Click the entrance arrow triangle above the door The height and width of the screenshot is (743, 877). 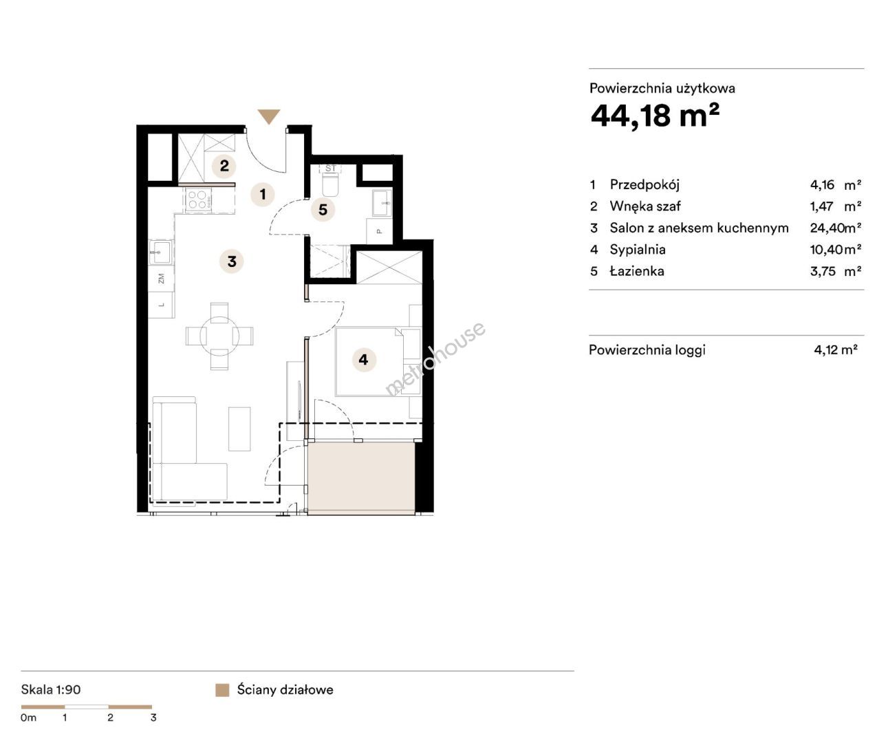tap(268, 116)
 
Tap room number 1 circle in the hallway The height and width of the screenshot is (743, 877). tap(263, 194)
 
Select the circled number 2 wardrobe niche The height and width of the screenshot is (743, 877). tap(224, 166)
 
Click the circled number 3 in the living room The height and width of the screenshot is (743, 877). tap(232, 261)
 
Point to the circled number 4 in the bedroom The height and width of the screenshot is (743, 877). tap(364, 360)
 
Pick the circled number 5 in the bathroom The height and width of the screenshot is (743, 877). tap(323, 210)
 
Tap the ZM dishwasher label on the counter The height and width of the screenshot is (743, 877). tap(161, 279)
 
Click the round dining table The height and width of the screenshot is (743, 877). tap(219, 336)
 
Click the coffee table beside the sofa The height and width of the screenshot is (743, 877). tap(239, 429)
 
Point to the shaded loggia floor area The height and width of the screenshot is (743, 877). tap(361, 478)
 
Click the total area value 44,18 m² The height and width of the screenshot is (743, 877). tap(655, 116)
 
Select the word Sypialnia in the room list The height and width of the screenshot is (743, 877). tap(637, 250)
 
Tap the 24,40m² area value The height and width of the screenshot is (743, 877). tap(836, 228)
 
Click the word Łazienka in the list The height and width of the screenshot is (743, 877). tap(637, 271)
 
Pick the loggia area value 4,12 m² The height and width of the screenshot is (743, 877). tap(836, 349)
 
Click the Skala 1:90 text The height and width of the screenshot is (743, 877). tap(51, 689)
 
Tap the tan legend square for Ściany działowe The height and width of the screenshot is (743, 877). tap(222, 690)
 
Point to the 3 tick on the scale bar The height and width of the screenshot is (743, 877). tap(153, 718)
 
